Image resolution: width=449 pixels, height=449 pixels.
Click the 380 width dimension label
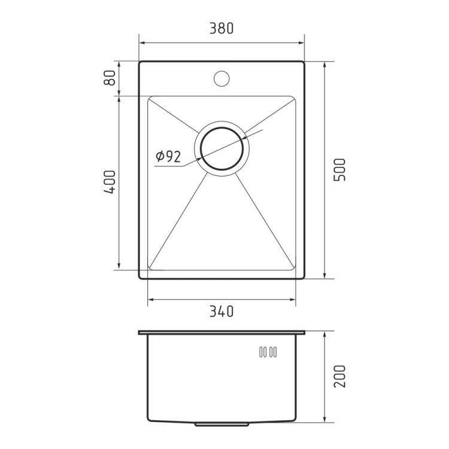[x=222, y=28]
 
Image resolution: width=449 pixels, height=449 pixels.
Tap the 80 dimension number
[x=110, y=78]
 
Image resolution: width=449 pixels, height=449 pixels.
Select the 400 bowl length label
[x=110, y=182]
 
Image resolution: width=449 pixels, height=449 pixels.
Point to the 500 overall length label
[x=340, y=169]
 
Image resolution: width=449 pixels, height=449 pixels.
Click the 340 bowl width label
[x=222, y=311]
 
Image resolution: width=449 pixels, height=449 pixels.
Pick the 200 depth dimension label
[x=340, y=376]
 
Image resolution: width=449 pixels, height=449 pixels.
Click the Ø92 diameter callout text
[x=168, y=156]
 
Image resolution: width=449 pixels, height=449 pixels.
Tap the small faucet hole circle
[x=222, y=78]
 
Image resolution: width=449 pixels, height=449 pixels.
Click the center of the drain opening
[x=222, y=148]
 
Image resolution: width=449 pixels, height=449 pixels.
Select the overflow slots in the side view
[x=268, y=352]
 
